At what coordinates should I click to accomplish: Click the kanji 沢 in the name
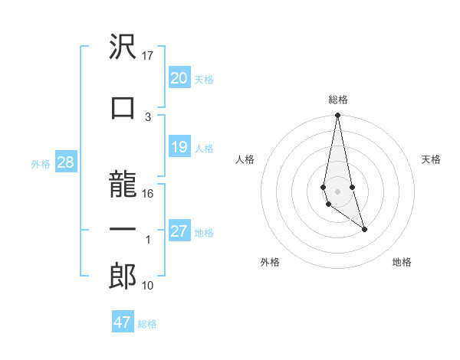point(123,48)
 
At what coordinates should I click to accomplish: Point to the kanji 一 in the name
point(123,230)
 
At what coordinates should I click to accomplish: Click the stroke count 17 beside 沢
point(148,56)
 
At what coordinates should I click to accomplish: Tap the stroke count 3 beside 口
point(148,116)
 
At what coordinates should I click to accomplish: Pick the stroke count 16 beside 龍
point(148,194)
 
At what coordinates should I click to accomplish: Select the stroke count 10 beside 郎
point(148,286)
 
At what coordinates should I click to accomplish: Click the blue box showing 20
point(179,77)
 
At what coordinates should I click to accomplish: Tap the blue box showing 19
point(179,147)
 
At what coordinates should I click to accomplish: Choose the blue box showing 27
point(179,231)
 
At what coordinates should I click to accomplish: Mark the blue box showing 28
point(65,162)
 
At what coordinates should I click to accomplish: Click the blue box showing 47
point(122,322)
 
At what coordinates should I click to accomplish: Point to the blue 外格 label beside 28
point(40,163)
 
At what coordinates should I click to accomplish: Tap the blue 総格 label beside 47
point(147,323)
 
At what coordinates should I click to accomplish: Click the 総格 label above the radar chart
point(337,100)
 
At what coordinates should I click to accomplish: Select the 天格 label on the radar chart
point(432,159)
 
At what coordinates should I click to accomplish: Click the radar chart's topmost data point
point(337,116)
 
